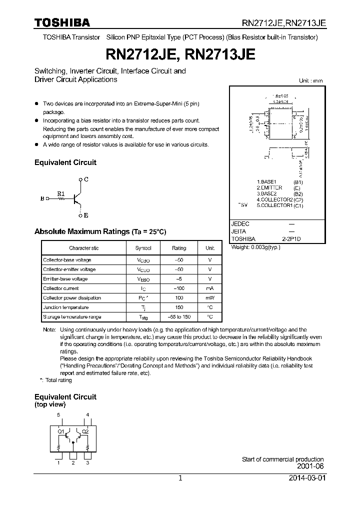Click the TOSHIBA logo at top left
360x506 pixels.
[x=62, y=22]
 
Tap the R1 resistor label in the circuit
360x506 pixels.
[x=60, y=193]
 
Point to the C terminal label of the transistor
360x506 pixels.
[x=86, y=179]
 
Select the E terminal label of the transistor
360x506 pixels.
[x=86, y=216]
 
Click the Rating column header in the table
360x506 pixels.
[x=179, y=248]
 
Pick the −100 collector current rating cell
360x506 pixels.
[x=179, y=288]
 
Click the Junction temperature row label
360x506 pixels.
[x=65, y=307]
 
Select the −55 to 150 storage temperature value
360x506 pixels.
[x=179, y=317]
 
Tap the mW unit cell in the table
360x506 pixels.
[x=210, y=298]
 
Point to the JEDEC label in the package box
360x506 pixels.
[x=240, y=224]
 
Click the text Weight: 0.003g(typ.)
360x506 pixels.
[x=255, y=247]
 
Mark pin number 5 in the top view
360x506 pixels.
[x=58, y=415]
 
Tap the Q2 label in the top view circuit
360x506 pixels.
[x=85, y=431]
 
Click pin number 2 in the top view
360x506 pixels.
[x=73, y=463]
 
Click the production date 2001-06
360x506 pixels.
[x=310, y=466]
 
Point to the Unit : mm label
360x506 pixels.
[x=310, y=80]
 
